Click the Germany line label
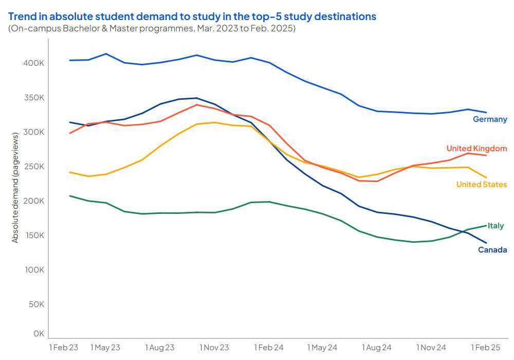click(x=490, y=119)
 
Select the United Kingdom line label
click(x=476, y=149)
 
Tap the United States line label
click(x=482, y=185)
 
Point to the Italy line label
click(x=495, y=226)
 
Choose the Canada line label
click(x=492, y=250)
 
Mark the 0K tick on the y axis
click(x=39, y=334)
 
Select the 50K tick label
click(x=36, y=304)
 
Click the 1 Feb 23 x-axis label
click(x=63, y=348)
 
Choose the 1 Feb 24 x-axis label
click(x=269, y=348)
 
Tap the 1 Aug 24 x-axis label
click(x=377, y=348)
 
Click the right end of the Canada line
click(x=486, y=243)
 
